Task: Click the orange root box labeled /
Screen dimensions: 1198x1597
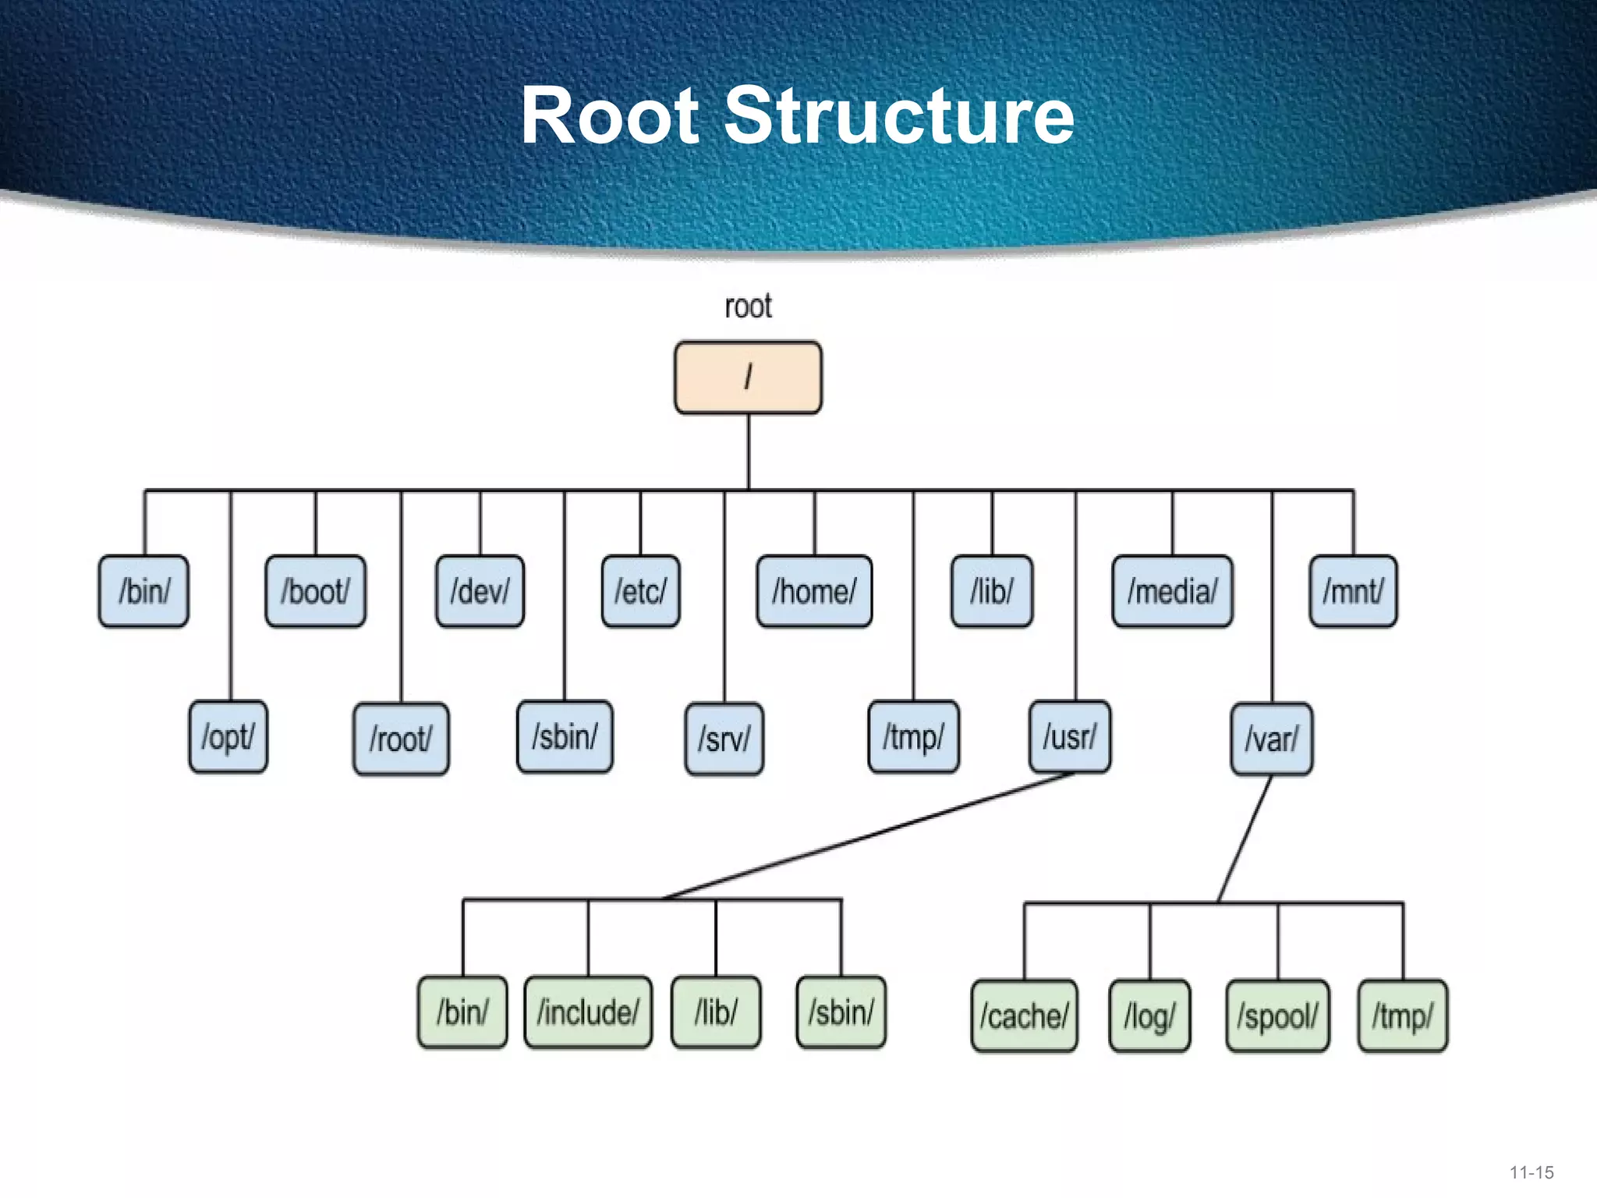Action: pos(748,377)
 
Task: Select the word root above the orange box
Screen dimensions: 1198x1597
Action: pos(748,307)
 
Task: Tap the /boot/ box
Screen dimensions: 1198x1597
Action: pos(315,591)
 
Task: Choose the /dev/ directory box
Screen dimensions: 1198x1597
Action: pos(480,591)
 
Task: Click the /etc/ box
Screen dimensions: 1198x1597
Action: pos(640,591)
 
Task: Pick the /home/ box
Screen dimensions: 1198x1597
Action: pos(814,591)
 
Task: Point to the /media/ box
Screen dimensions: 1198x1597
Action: pos(1172,591)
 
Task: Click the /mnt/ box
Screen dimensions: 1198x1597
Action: pos(1353,591)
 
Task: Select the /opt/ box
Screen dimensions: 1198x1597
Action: pos(228,737)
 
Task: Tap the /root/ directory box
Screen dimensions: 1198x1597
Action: pos(401,739)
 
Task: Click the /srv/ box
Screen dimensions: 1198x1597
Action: pos(724,739)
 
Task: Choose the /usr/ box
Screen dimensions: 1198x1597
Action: pos(1070,737)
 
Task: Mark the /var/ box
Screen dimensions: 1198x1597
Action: pos(1271,739)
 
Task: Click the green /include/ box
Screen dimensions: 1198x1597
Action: pos(588,1012)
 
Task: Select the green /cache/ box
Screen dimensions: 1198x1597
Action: pos(1024,1016)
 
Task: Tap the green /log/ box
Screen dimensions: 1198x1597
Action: pos(1149,1016)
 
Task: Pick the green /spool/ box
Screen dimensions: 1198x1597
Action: pos(1277,1016)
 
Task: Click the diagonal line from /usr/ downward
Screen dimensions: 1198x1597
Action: pos(866,836)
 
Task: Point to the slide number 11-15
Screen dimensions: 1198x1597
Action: pos(1531,1172)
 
